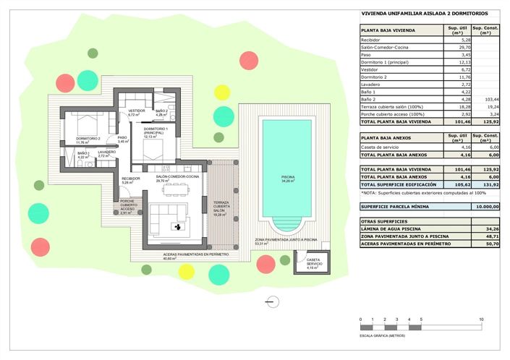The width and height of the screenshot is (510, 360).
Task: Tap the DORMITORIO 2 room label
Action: tap(89, 140)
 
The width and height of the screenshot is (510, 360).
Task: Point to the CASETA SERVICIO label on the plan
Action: tap(313, 262)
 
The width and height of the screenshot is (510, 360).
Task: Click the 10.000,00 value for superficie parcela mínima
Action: tap(485, 206)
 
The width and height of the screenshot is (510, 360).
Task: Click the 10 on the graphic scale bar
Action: tap(482, 319)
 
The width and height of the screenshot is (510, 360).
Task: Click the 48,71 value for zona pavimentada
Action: tap(488, 236)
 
